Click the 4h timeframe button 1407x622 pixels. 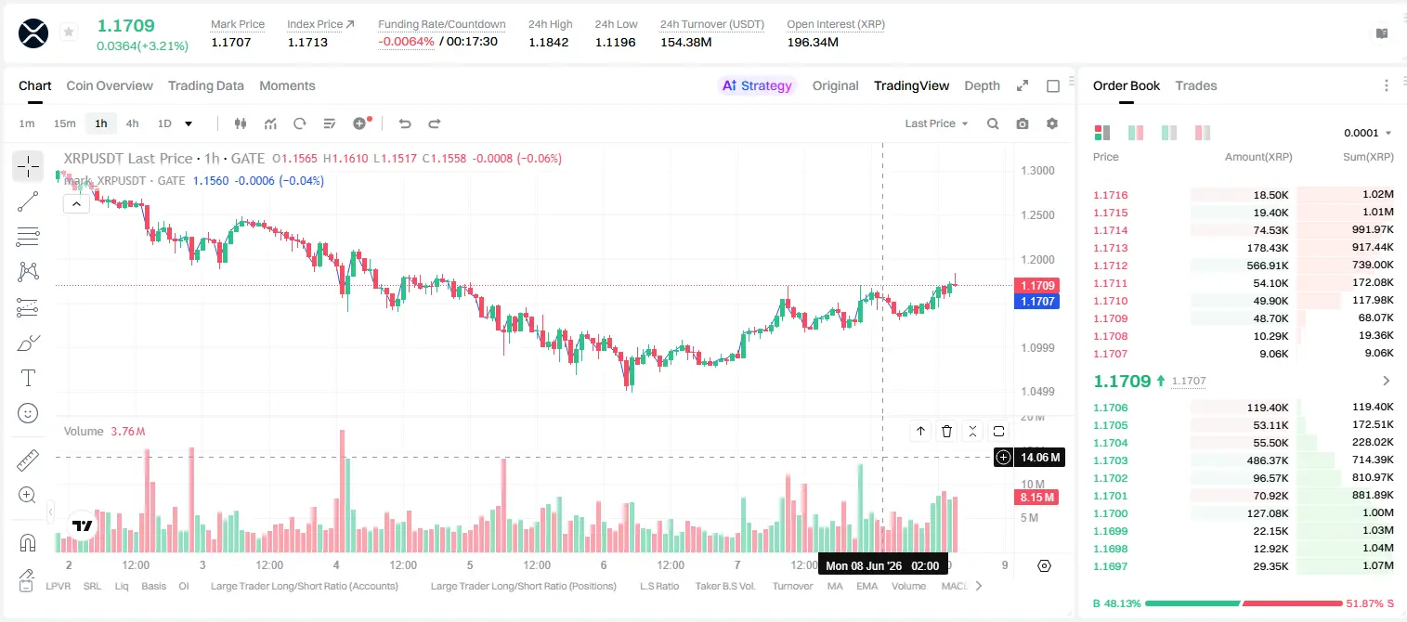click(x=132, y=123)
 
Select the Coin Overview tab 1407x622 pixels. click(x=110, y=85)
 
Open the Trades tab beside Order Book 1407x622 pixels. click(x=1196, y=85)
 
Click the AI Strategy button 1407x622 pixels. click(x=757, y=85)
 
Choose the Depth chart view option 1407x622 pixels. click(x=982, y=85)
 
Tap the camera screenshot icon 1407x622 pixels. click(x=1023, y=123)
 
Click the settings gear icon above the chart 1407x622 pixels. click(x=1052, y=123)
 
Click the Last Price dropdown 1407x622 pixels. click(x=936, y=123)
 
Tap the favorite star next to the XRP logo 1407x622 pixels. click(x=69, y=32)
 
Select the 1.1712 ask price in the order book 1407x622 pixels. click(x=1111, y=266)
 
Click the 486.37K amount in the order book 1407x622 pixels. click(x=1268, y=460)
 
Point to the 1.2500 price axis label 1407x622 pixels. click(x=1037, y=214)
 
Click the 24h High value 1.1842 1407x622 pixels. click(x=548, y=42)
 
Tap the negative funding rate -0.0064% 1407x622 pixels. click(x=406, y=42)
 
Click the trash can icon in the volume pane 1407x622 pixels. click(x=946, y=431)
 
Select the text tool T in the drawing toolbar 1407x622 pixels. click(x=28, y=378)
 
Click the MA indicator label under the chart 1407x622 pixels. click(x=835, y=586)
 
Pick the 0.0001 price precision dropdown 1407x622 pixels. click(x=1367, y=133)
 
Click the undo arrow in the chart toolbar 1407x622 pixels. click(x=405, y=123)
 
